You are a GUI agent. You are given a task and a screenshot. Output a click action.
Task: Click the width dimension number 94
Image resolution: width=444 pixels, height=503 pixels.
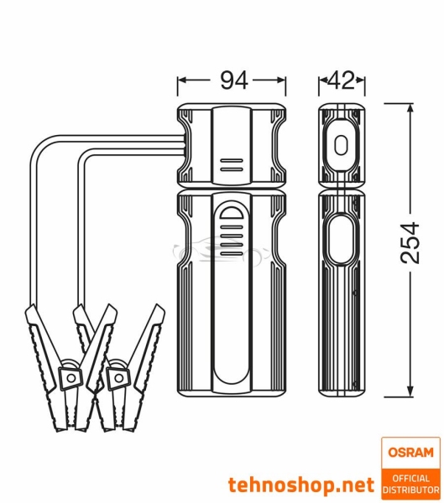tap(232, 80)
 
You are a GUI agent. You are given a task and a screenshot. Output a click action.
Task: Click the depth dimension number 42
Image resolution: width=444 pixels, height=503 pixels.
tap(342, 80)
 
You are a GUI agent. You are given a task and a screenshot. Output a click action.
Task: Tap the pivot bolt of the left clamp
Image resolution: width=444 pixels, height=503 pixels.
tap(70, 377)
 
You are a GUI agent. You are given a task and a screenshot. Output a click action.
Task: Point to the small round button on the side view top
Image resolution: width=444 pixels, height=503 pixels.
tap(340, 145)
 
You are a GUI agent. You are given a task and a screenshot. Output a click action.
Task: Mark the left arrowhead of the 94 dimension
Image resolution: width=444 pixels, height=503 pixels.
tap(182, 80)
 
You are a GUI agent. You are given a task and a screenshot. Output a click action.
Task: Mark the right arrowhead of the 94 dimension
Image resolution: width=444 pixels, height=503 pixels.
tap(283, 80)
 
